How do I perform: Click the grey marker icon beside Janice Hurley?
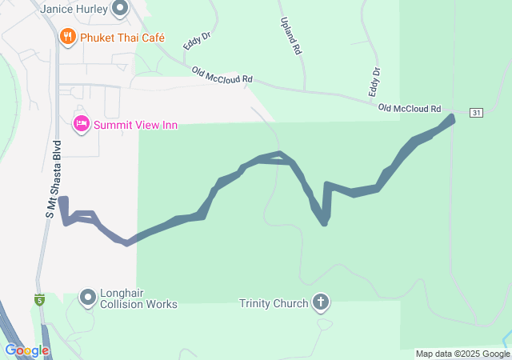click(121, 9)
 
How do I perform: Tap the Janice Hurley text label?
click(74, 9)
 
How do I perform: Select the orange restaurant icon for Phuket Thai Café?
click(68, 37)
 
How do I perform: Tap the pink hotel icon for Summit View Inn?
click(81, 124)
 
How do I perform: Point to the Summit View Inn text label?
click(135, 125)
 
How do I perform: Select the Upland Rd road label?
click(290, 35)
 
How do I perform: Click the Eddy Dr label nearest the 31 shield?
click(374, 82)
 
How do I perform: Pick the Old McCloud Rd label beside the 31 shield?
click(410, 108)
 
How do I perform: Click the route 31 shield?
click(476, 113)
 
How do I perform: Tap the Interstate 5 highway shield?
click(39, 300)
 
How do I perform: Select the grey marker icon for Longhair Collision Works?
click(87, 298)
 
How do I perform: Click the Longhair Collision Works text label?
click(138, 298)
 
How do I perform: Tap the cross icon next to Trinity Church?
click(320, 303)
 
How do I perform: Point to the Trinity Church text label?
click(273, 303)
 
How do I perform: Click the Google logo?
click(26, 350)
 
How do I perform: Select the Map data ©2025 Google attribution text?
click(462, 354)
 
